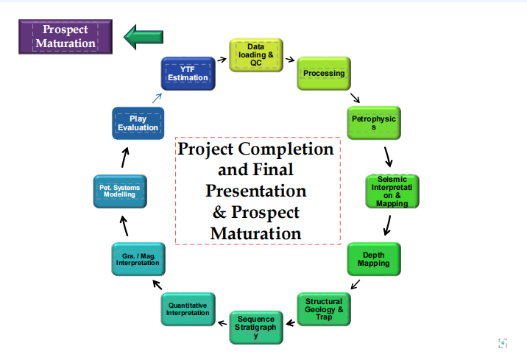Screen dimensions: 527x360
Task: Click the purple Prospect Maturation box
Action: [66, 37]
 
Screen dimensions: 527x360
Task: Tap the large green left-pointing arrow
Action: [144, 37]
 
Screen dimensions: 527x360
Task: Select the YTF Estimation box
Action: [188, 74]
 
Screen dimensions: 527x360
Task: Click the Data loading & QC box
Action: [256, 55]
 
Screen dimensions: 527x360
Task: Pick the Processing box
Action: [324, 74]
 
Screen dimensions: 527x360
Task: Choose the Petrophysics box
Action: [374, 123]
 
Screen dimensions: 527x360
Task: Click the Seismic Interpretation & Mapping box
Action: [392, 191]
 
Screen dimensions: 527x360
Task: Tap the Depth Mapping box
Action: [374, 259]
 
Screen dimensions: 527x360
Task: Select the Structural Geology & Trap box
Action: [324, 309]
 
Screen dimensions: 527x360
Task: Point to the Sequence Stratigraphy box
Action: [256, 328]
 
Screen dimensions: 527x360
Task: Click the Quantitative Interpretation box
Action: [188, 309]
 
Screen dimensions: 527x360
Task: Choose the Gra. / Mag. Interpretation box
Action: [138, 259]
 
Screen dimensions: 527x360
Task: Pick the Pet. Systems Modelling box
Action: [120, 191]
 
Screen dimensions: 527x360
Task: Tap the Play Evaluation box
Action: [138, 123]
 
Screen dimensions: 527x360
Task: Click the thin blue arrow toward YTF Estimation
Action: [157, 98]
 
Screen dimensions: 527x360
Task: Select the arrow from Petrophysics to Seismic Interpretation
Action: [388, 157]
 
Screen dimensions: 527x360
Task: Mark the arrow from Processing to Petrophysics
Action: [355, 98]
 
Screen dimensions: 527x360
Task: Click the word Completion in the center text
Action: [286, 149]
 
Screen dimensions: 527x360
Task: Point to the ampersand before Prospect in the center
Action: [219, 213]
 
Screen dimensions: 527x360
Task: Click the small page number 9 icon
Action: [503, 343]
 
